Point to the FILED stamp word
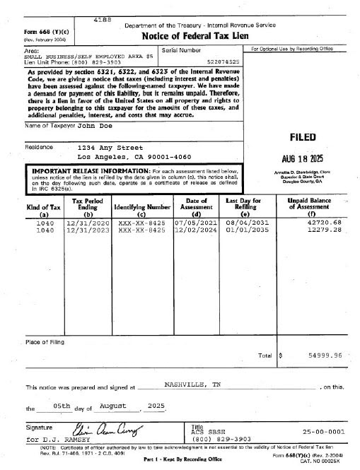coord(302,136)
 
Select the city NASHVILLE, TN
coord(192,385)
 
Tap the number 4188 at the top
coord(104,22)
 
